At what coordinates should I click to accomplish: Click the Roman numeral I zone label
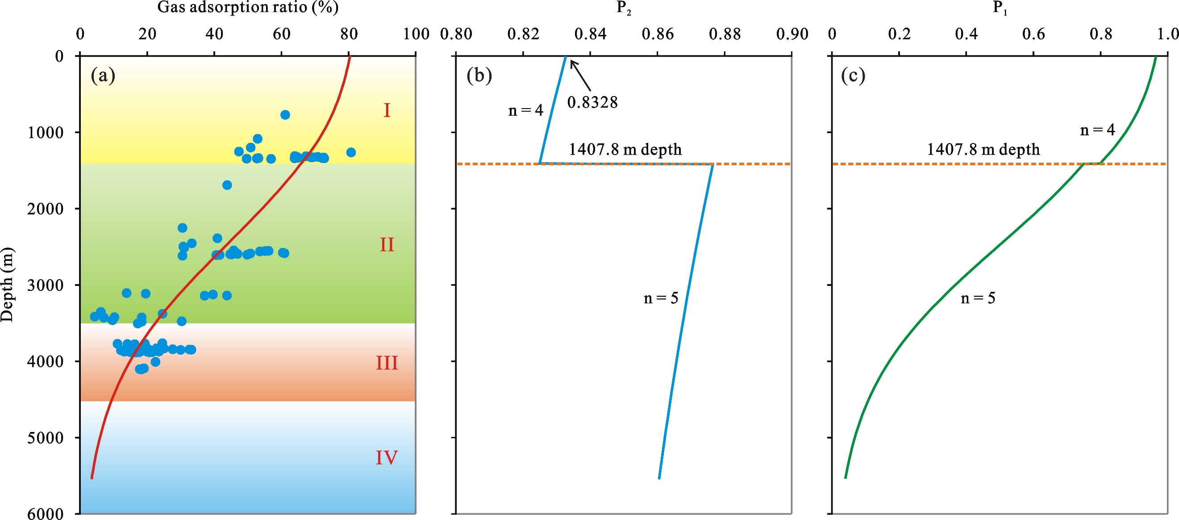387,110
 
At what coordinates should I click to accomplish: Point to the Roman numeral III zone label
387,363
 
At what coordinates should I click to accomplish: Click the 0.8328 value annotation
592,102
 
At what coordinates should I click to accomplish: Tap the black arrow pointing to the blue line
580,75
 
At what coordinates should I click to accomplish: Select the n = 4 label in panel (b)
525,110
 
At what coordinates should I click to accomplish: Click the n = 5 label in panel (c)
978,298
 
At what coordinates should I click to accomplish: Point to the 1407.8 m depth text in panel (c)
983,149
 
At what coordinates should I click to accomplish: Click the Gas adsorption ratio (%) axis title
248,7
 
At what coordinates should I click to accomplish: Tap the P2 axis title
623,8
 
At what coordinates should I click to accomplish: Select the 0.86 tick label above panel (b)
658,34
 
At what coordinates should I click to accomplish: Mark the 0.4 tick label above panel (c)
966,34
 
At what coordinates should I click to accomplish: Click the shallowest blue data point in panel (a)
285,114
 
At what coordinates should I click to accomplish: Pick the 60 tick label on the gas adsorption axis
281,34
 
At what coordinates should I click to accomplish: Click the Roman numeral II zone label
387,245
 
